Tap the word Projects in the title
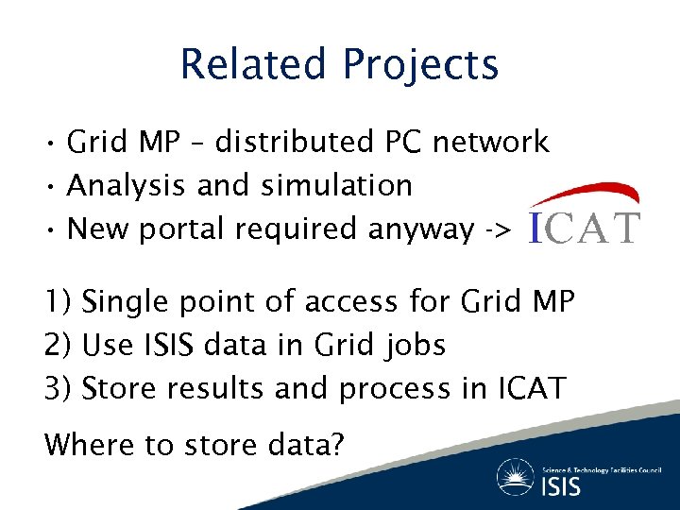[x=420, y=66]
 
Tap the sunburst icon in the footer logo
[x=518, y=476]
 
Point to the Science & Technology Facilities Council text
[x=602, y=468]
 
